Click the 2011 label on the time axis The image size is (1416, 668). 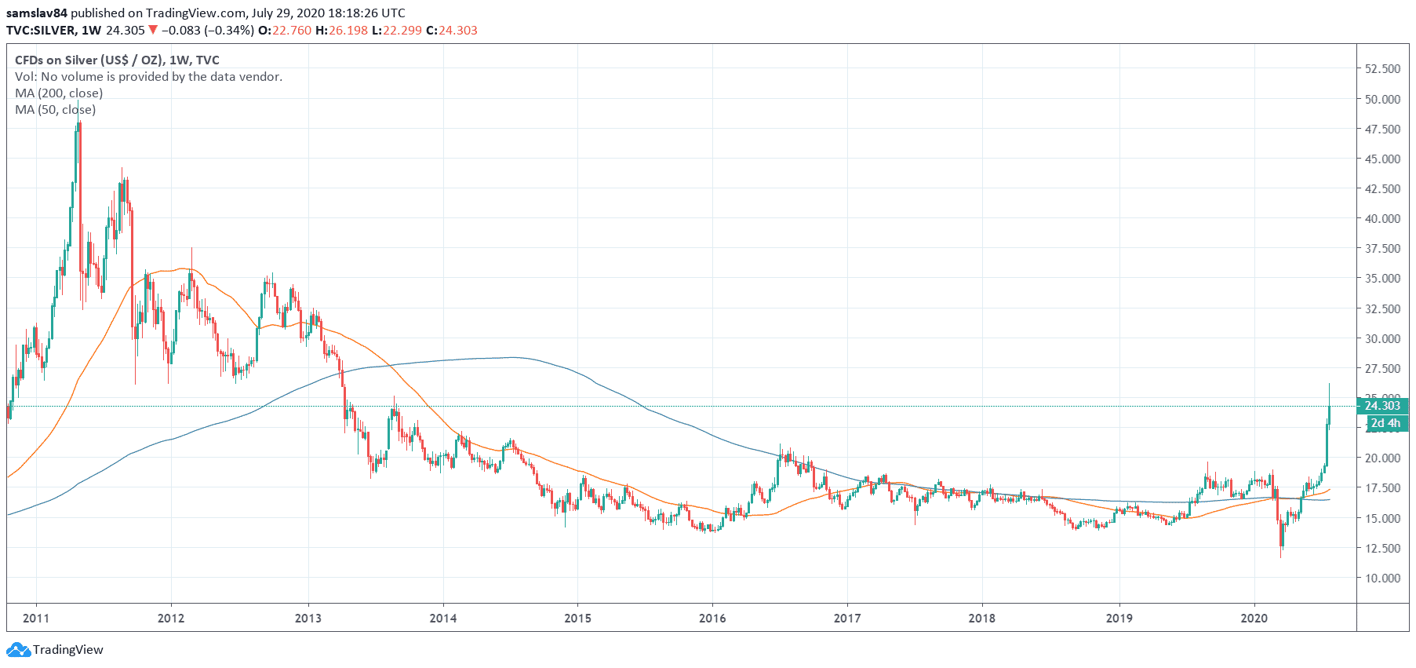(x=36, y=618)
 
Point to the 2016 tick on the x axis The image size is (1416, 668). (x=712, y=618)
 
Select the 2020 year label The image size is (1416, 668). (x=1254, y=618)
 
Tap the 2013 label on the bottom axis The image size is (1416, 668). (x=308, y=618)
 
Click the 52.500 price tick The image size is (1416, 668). (x=1382, y=68)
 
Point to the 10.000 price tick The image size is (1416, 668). (x=1382, y=578)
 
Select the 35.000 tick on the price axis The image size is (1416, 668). (x=1382, y=278)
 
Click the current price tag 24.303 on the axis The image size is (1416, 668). (x=1381, y=406)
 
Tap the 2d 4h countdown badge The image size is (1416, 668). (x=1386, y=423)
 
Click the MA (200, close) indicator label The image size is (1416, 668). (x=59, y=93)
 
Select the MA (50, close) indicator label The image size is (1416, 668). (x=55, y=109)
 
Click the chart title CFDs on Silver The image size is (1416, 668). (x=117, y=60)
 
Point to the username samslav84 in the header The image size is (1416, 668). (x=36, y=13)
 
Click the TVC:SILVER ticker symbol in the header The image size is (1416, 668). (x=41, y=30)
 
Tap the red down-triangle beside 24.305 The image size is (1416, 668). (x=153, y=30)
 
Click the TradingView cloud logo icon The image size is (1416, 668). (x=17, y=649)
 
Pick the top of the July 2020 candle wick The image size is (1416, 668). (x=1329, y=384)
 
